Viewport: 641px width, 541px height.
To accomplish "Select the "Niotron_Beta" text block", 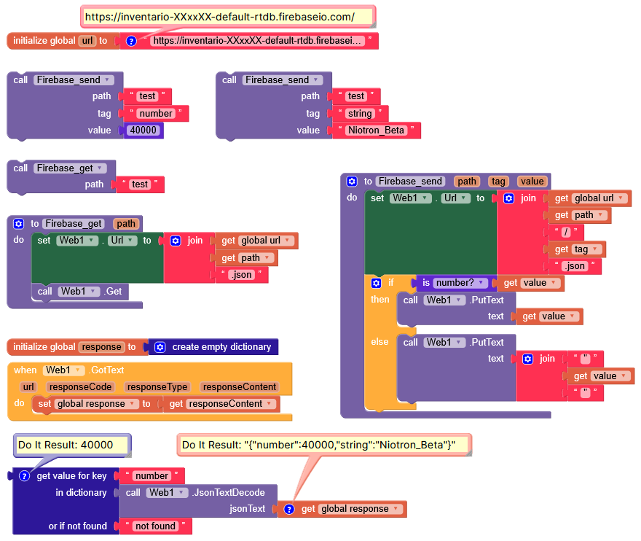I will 375,131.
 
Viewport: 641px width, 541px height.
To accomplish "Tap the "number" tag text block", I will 156,114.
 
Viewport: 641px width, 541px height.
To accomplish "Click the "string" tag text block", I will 360,114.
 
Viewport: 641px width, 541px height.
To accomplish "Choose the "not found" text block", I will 155,526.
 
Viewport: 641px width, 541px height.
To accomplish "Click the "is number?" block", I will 452,283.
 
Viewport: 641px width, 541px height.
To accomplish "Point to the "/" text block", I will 566,232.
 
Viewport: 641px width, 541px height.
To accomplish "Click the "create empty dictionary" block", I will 214,347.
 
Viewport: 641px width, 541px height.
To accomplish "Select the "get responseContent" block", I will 222,404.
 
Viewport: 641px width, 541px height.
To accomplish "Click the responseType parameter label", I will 157,387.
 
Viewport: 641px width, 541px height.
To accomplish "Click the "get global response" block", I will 342,509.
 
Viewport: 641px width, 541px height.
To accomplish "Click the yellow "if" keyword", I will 390,283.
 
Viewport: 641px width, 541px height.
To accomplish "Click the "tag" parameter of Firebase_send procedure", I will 498,182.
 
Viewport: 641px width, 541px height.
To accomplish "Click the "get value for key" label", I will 71,476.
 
